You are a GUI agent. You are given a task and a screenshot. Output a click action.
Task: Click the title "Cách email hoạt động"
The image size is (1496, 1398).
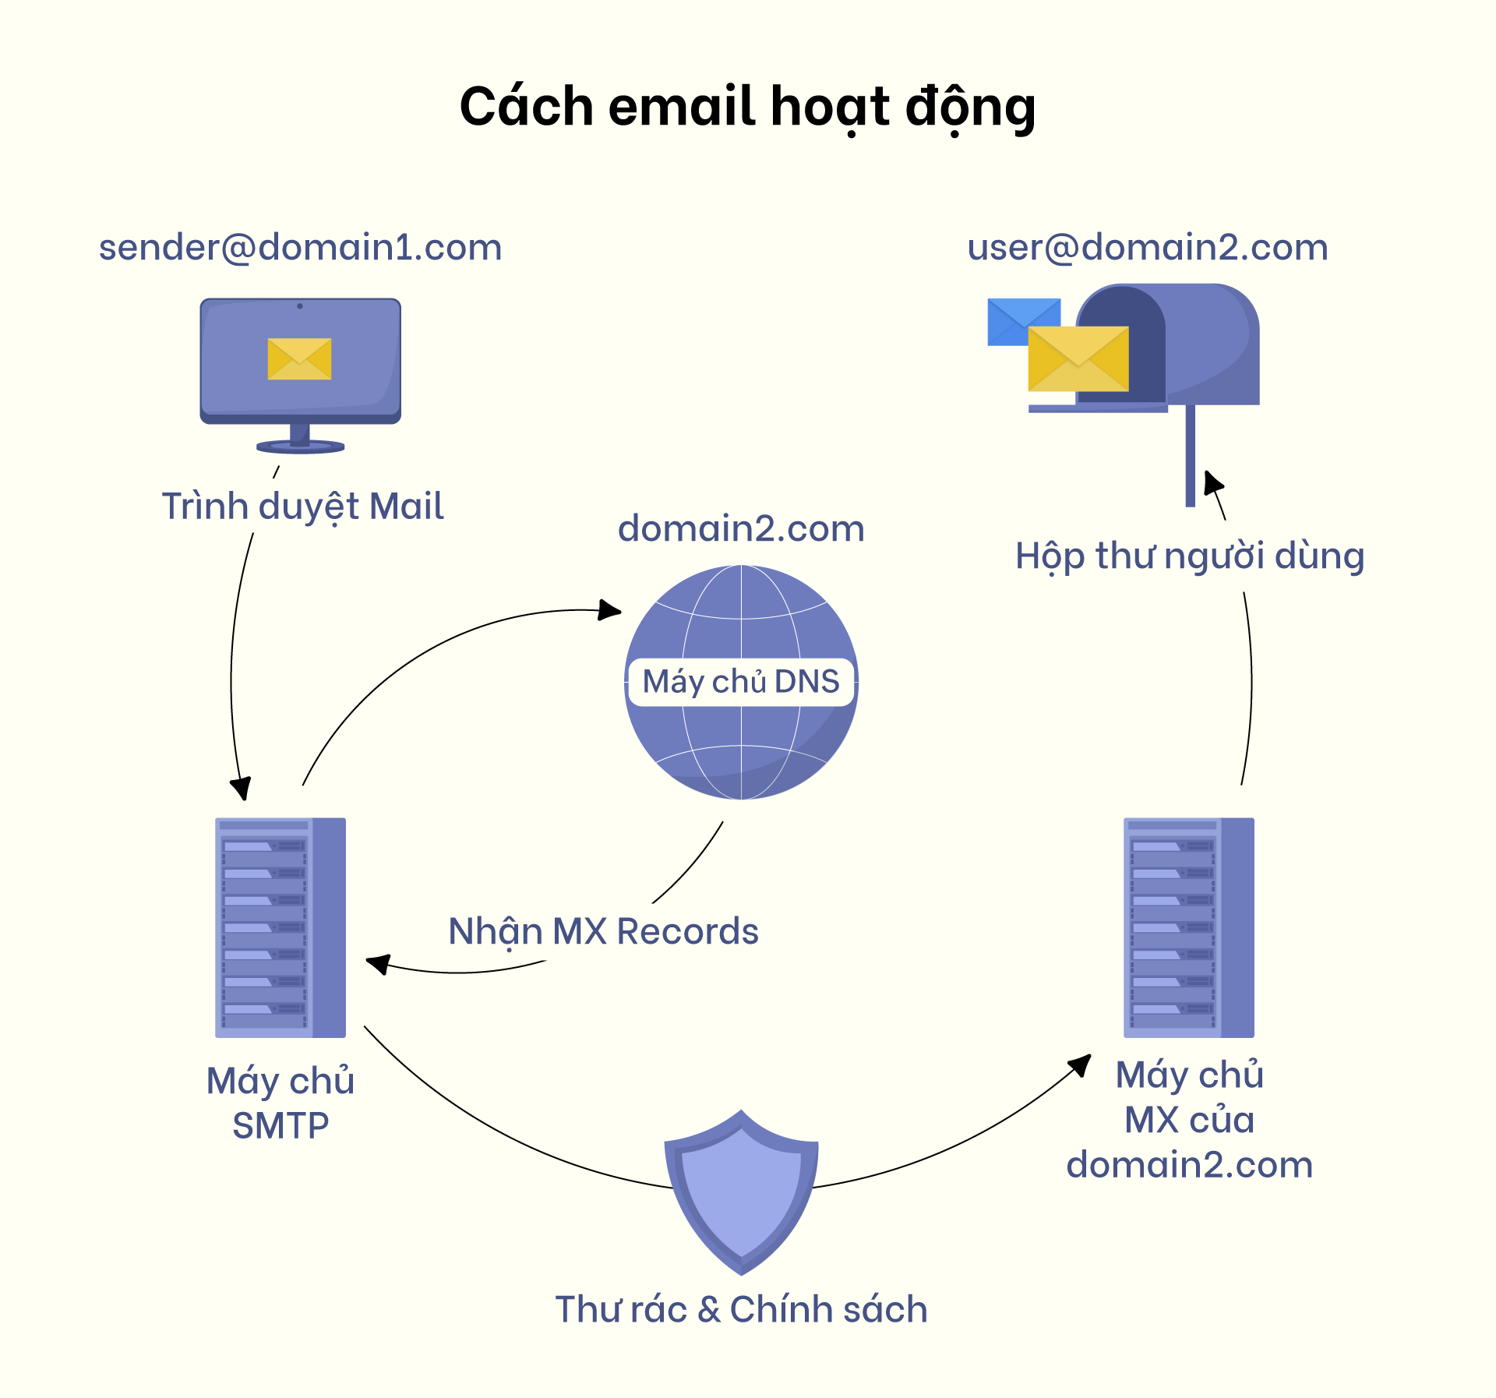pyautogui.click(x=747, y=108)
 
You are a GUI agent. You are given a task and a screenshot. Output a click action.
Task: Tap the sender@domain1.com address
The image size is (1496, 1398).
pyautogui.click(x=300, y=248)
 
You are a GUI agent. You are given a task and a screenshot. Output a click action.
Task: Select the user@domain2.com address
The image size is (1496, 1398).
pyautogui.click(x=1147, y=248)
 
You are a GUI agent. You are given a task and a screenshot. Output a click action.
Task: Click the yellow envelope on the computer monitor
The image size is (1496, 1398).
pyautogui.click(x=299, y=358)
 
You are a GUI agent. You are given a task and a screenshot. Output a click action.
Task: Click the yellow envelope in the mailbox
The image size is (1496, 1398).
pyautogui.click(x=1078, y=358)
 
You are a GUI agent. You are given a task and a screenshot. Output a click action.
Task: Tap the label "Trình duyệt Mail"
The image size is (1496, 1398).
pyautogui.click(x=302, y=507)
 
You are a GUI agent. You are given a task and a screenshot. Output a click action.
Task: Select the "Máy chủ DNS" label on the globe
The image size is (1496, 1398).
pyautogui.click(x=741, y=682)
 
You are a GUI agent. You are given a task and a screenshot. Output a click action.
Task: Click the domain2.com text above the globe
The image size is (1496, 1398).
pyautogui.click(x=741, y=529)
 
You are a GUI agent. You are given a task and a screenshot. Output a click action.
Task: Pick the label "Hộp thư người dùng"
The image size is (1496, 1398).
pyautogui.click(x=1189, y=556)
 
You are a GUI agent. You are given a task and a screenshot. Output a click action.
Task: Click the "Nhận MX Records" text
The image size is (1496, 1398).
pyautogui.click(x=603, y=932)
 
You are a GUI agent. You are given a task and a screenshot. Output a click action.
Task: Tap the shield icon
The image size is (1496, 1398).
pyautogui.click(x=741, y=1192)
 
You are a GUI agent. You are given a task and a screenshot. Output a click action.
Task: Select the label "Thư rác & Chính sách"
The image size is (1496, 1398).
pyautogui.click(x=741, y=1309)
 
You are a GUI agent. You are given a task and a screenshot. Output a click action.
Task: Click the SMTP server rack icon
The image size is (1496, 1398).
pyautogui.click(x=280, y=927)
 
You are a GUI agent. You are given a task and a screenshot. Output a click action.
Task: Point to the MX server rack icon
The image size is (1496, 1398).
pyautogui.click(x=1188, y=927)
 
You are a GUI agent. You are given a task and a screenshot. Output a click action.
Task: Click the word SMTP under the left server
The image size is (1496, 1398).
pyautogui.click(x=280, y=1126)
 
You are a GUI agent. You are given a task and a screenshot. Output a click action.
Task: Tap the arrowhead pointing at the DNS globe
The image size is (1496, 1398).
pyautogui.click(x=610, y=609)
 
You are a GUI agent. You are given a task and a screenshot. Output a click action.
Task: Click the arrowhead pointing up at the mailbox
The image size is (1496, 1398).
pyautogui.click(x=1212, y=483)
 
